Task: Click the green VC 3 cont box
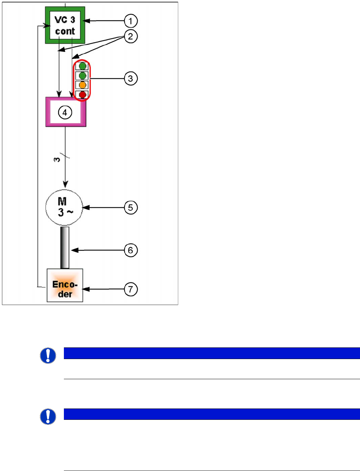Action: click(65, 25)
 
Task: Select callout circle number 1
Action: click(131, 21)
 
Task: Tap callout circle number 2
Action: click(131, 36)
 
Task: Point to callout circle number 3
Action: click(131, 78)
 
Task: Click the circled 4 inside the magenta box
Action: click(65, 113)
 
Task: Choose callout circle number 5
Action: click(131, 208)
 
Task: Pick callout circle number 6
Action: click(131, 250)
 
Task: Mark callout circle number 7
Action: click(131, 289)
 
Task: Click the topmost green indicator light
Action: click(83, 66)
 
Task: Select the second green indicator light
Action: click(83, 76)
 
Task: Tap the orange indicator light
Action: click(83, 85)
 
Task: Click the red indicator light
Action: click(83, 94)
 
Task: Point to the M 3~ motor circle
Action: click(64, 208)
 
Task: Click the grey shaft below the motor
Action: click(65, 248)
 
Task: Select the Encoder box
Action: click(65, 285)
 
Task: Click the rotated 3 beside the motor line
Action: click(57, 160)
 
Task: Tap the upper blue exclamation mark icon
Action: click(48, 356)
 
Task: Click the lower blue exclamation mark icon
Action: click(48, 416)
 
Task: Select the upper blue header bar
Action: click(212, 353)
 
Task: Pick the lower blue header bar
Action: click(212, 414)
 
